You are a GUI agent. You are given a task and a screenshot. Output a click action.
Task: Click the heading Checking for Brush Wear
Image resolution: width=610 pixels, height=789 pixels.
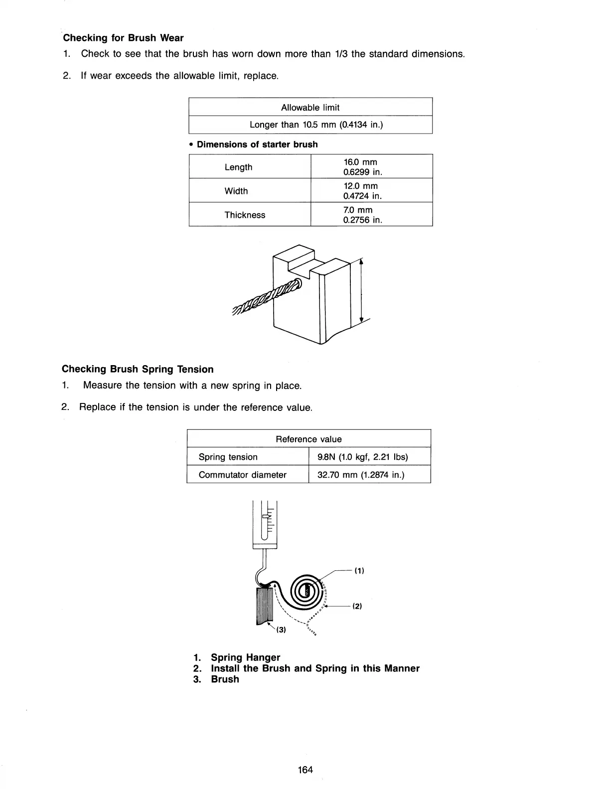(123, 38)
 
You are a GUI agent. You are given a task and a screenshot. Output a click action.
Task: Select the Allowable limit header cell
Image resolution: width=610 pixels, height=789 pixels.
(310, 107)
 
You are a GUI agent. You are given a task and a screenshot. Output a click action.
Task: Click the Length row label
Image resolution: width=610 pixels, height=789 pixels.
(238, 167)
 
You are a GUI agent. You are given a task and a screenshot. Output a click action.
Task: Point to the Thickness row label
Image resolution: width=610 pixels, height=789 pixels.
(245, 215)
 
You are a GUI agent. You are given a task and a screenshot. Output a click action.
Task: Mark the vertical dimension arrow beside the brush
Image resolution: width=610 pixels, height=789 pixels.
(361, 291)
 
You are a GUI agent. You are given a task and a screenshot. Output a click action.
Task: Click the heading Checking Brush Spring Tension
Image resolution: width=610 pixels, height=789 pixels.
(138, 369)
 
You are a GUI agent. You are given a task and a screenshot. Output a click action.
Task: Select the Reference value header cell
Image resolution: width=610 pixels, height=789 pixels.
(308, 439)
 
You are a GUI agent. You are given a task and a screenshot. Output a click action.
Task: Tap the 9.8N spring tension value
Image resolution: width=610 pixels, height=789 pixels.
(362, 457)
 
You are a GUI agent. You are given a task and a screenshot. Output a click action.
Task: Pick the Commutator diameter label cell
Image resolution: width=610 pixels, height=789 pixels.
(242, 475)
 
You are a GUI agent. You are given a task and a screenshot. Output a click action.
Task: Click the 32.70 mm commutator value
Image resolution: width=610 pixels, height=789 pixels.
(361, 475)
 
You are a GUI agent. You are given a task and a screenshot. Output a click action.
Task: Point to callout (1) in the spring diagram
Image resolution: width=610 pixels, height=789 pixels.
(359, 571)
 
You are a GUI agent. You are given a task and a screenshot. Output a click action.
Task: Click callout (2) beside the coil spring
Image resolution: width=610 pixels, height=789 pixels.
(356, 606)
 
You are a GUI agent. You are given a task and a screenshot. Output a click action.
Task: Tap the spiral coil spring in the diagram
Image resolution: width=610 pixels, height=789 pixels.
(304, 592)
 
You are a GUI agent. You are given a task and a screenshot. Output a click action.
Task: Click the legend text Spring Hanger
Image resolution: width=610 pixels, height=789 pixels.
(245, 657)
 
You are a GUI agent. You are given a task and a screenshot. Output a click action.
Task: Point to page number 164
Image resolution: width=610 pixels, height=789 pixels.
(305, 770)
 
